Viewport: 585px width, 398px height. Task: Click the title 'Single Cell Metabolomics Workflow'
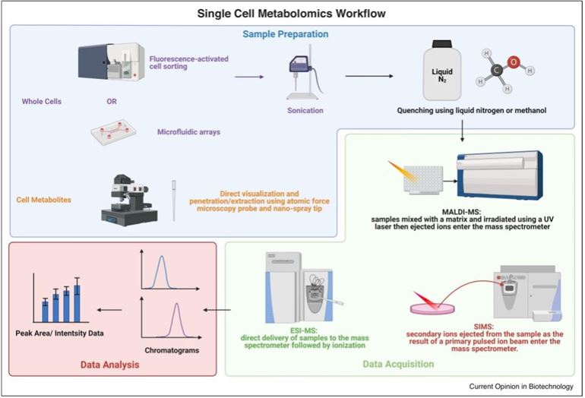click(292, 12)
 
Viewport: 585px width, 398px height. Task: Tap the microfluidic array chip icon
click(118, 134)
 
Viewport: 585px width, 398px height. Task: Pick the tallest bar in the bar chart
click(77, 301)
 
